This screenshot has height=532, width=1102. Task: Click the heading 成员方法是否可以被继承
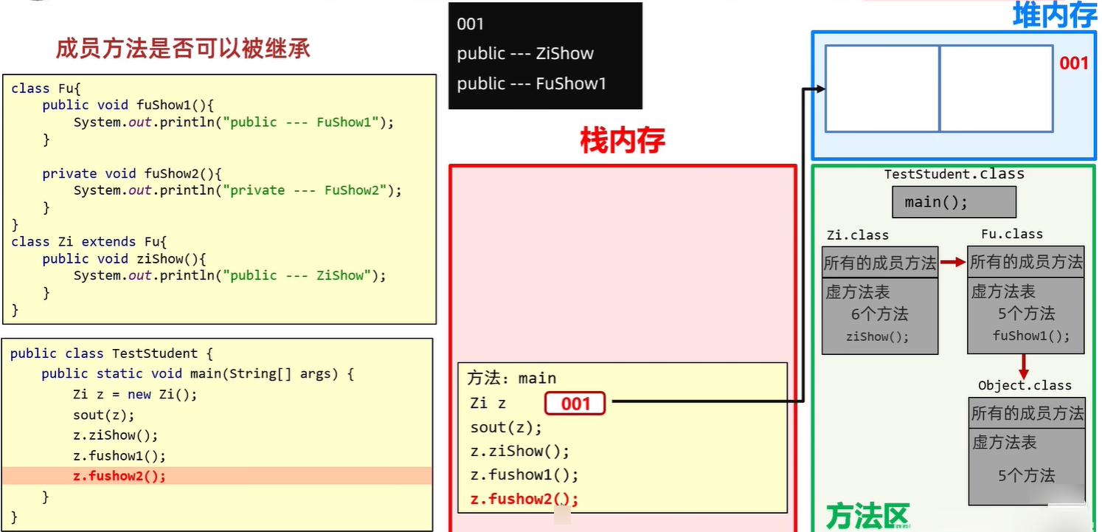(183, 49)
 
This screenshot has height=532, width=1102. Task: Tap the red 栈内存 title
(623, 140)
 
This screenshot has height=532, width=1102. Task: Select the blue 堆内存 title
(1055, 15)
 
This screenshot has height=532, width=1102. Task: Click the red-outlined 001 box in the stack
(575, 403)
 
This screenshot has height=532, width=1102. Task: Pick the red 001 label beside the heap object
(1074, 63)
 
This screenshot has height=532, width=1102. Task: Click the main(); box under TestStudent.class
(954, 201)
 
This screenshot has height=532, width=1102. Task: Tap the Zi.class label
(857, 235)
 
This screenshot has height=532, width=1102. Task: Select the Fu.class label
(1011, 234)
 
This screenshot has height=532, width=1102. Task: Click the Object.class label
(1025, 386)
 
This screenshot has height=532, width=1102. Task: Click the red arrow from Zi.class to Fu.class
(952, 262)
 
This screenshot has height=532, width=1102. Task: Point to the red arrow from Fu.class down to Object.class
(1025, 365)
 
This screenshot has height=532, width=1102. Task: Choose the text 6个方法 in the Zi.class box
(879, 314)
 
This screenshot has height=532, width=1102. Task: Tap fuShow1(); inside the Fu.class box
(1030, 336)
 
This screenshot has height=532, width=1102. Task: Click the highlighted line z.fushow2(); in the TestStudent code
(119, 476)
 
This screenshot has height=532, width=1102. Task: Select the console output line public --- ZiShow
(524, 54)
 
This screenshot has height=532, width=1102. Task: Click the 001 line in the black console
(470, 24)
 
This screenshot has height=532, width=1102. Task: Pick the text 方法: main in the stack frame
(511, 379)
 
